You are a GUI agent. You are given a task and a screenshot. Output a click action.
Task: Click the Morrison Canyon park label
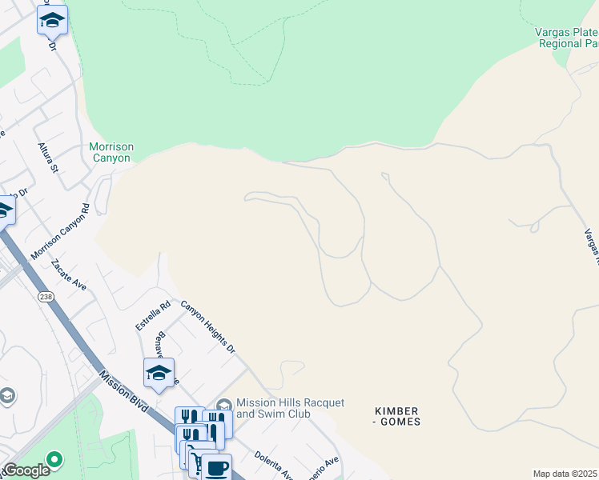pyautogui.click(x=111, y=152)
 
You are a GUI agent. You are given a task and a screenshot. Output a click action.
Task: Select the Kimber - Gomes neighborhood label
pyautogui.click(x=397, y=416)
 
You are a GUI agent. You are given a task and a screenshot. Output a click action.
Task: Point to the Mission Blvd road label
pyautogui.click(x=125, y=391)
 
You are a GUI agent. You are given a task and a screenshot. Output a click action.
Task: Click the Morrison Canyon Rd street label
pyautogui.click(x=60, y=232)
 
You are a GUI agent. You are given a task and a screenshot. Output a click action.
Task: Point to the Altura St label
pyautogui.click(x=48, y=158)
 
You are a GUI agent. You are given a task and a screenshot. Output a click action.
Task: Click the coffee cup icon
pyautogui.click(x=215, y=467)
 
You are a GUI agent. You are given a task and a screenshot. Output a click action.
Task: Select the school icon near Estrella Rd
pyautogui.click(x=159, y=373)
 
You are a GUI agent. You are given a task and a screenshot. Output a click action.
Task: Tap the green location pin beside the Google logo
pyautogui.click(x=54, y=460)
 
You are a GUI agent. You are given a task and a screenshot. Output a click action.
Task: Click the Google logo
pyautogui.click(x=26, y=470)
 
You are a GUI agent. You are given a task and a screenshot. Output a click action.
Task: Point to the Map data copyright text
pyautogui.click(x=565, y=474)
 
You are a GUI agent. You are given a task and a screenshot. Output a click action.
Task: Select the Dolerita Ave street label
pyautogui.click(x=273, y=466)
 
